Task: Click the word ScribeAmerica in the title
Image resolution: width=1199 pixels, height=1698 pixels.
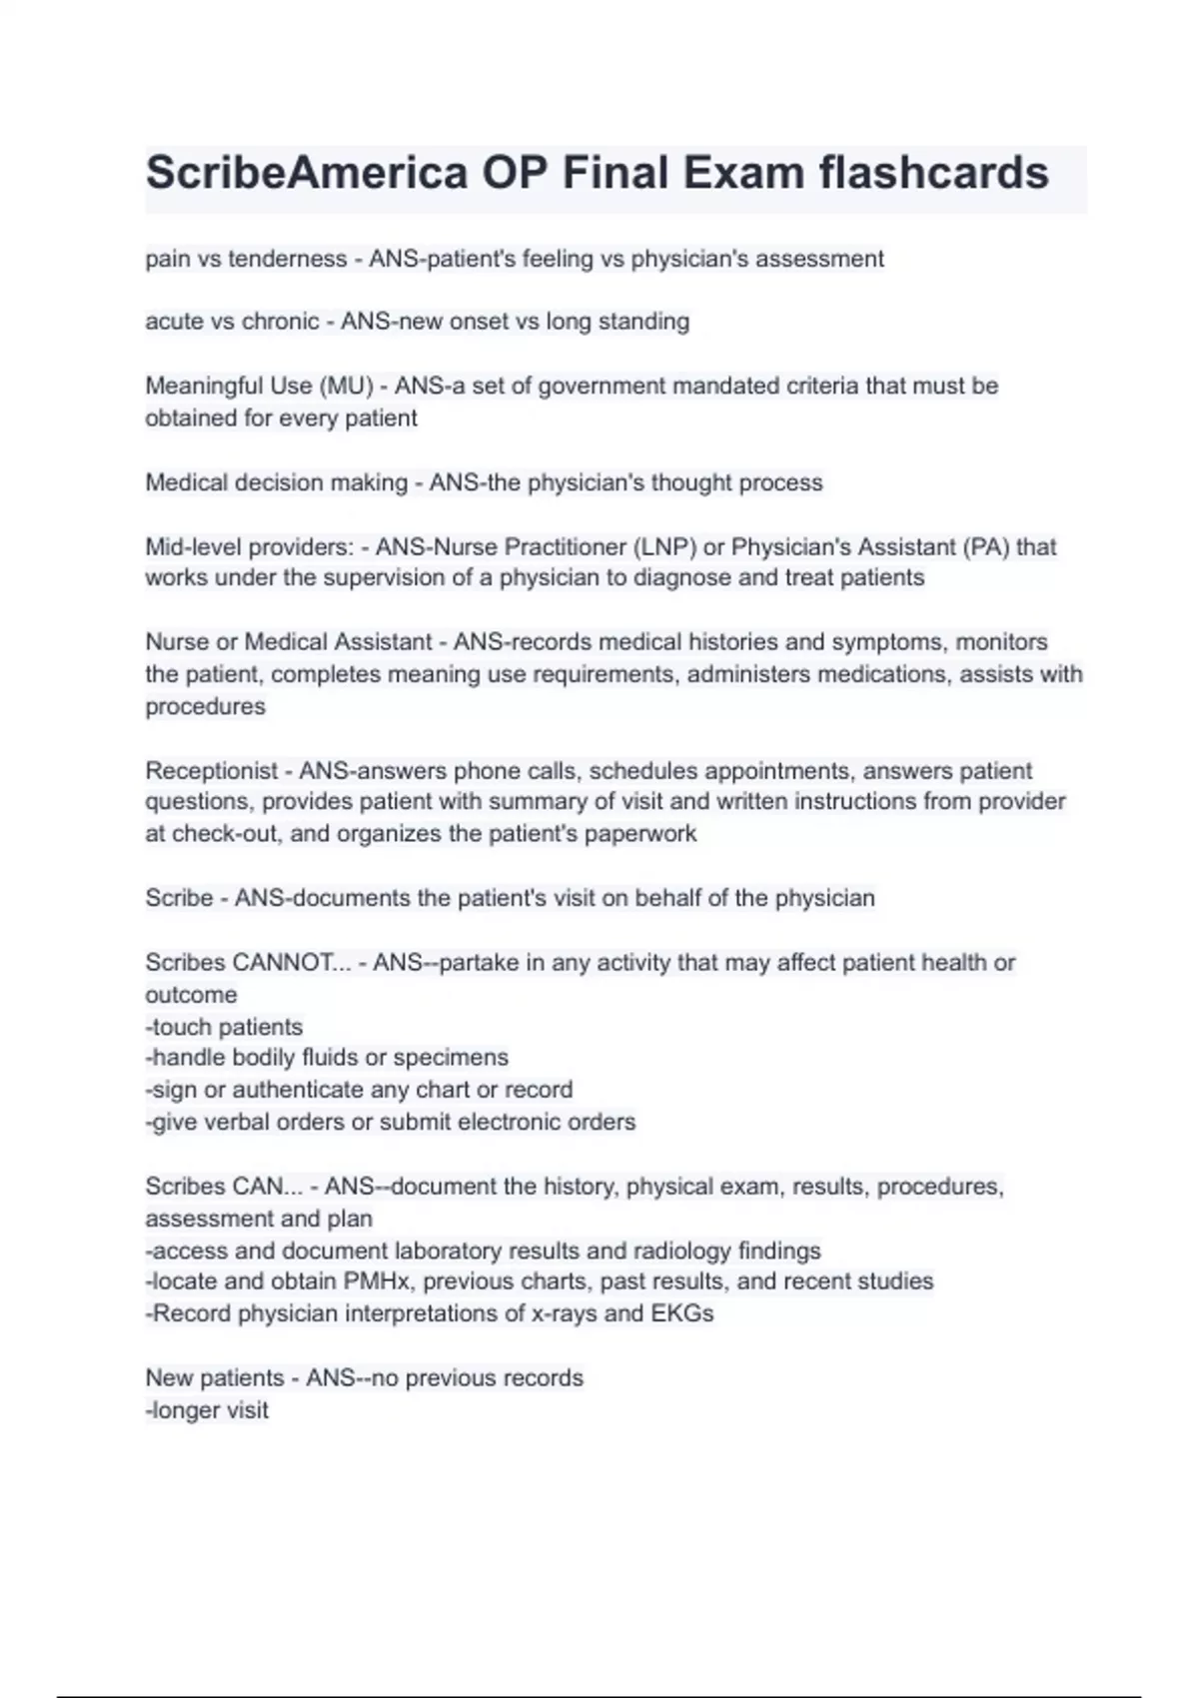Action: pos(306,174)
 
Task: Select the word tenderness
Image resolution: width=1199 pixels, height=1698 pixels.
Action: pos(288,259)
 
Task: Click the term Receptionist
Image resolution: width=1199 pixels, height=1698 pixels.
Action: pos(211,771)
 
